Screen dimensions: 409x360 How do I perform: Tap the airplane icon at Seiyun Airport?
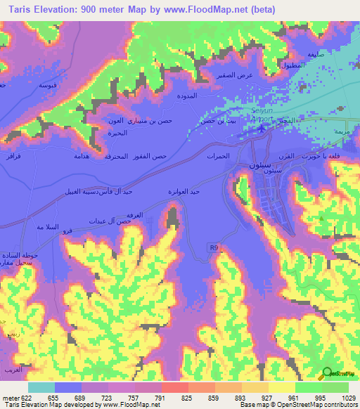click(x=262, y=127)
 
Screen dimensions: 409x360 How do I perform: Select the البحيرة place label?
click(x=117, y=132)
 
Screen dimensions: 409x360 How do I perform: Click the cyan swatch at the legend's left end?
click(x=41, y=387)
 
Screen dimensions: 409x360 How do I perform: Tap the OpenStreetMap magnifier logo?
click(x=326, y=373)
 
